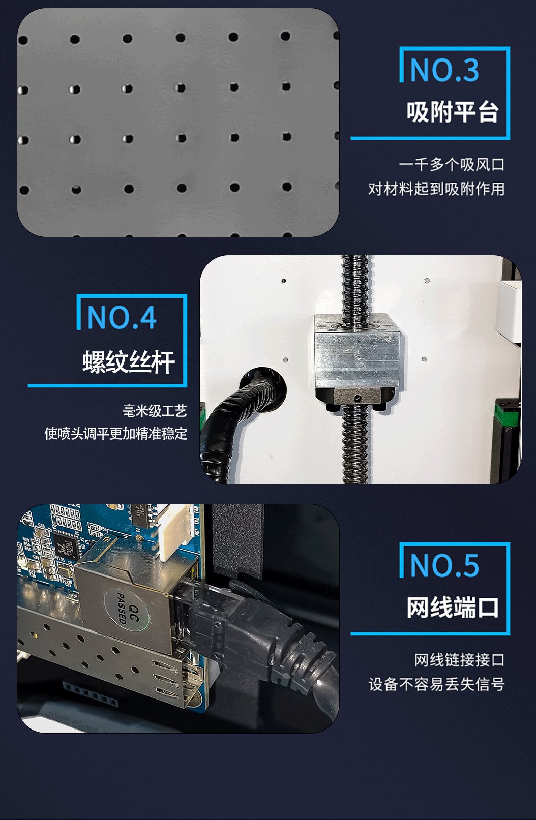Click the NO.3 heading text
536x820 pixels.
[444, 70]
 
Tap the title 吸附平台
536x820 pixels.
[452, 112]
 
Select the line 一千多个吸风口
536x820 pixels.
[451, 165]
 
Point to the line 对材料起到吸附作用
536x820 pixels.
[436, 189]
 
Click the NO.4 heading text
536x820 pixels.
[122, 318]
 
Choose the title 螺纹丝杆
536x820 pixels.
[129, 362]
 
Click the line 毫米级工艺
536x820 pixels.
[155, 411]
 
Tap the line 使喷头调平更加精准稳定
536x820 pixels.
[116, 434]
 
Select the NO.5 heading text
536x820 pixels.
[444, 566]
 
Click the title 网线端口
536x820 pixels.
[452, 608]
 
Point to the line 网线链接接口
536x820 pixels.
[459, 660]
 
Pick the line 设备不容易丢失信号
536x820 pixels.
[436, 685]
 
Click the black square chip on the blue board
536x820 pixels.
[66, 546]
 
